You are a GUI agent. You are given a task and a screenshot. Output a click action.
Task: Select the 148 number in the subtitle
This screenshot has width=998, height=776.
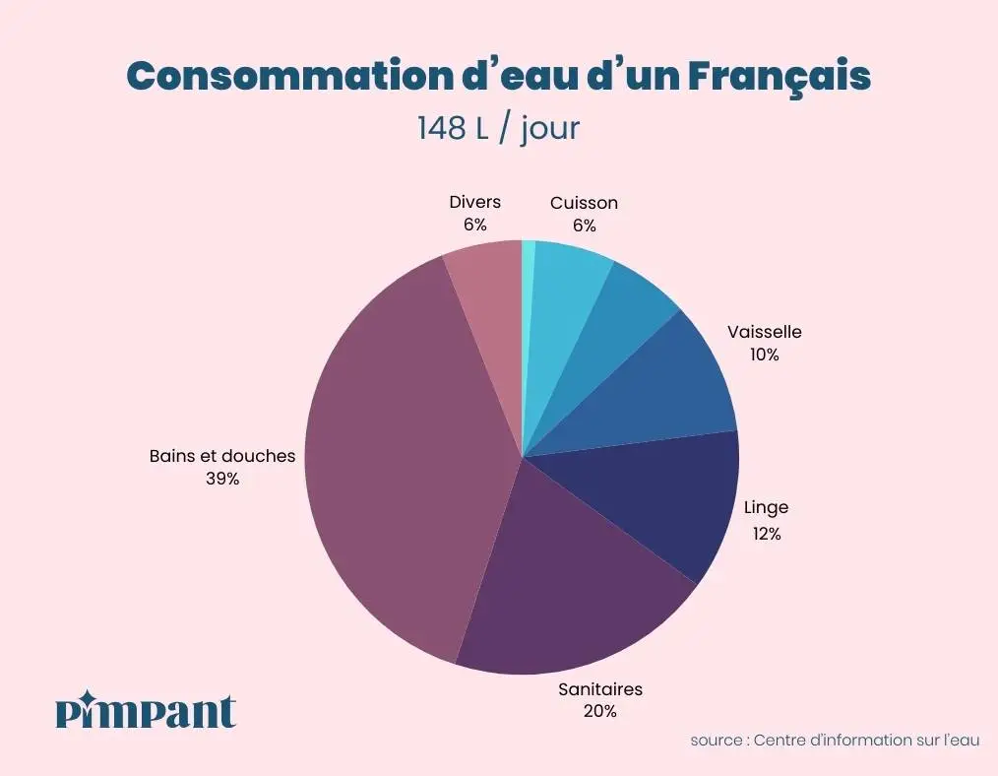coord(440,129)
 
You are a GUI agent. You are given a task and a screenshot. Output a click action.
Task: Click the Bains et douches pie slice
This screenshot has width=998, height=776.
coord(394,443)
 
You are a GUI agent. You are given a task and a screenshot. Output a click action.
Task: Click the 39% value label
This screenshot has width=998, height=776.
coord(222,480)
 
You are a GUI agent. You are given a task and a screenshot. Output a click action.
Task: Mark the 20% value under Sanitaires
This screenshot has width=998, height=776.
coord(599,711)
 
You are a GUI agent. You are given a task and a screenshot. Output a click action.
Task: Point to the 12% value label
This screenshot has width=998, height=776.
coord(766,534)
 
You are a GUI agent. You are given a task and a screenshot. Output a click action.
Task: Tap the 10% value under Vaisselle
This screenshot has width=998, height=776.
coord(764,355)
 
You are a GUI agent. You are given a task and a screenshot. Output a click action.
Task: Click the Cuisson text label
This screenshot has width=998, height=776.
coord(584,203)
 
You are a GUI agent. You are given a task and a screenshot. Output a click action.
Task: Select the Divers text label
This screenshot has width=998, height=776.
coord(474,202)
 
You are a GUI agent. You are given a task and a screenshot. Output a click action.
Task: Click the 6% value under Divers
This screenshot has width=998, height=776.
coord(474,225)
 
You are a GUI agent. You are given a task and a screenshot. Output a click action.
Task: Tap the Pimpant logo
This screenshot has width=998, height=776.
coord(146,710)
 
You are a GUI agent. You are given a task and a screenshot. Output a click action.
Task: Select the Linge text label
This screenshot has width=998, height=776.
coord(766,509)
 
